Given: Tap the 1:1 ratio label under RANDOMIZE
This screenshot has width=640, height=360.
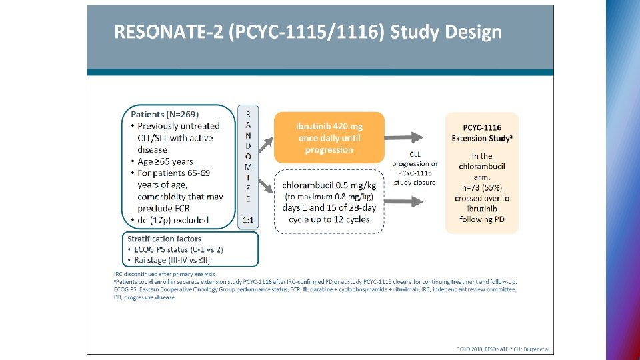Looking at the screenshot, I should coord(248,219).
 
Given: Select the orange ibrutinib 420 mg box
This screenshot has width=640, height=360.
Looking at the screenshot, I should coord(329,137).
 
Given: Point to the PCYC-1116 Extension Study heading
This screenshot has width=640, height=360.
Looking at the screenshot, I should coord(481,133).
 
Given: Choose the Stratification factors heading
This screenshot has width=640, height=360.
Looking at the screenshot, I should coord(164,239).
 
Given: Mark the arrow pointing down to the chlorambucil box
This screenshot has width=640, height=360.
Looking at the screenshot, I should coord(265,183).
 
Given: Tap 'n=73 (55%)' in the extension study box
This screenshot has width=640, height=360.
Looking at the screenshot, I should coord(481,188).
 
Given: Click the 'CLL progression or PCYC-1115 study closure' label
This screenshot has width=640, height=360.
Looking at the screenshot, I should coord(415,169).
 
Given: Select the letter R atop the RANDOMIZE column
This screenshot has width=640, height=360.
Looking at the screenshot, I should coord(248,113).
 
